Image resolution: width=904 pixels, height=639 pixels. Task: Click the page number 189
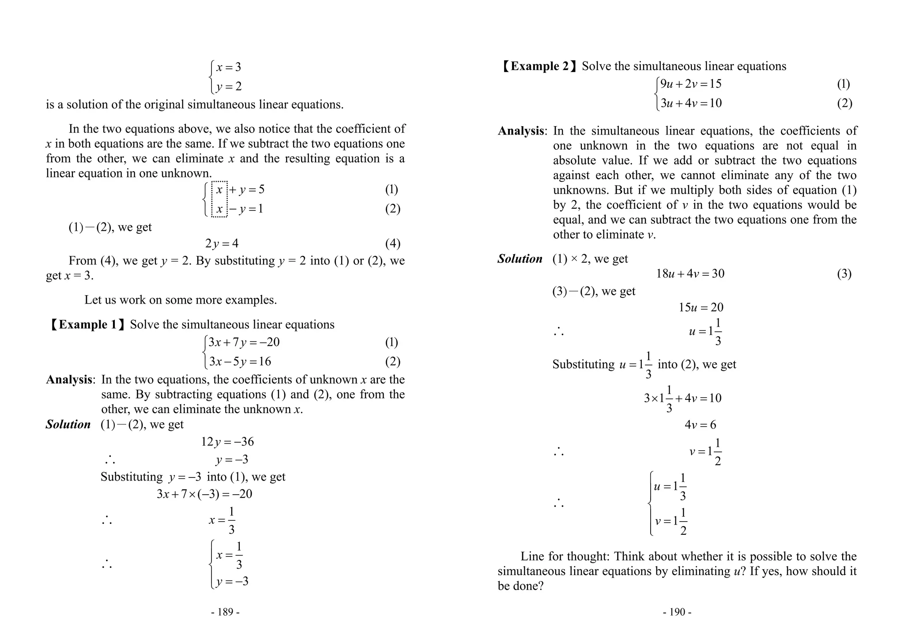click(x=225, y=612)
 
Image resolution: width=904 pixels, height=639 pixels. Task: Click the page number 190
click(x=677, y=612)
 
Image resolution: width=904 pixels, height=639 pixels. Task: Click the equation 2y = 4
click(x=222, y=244)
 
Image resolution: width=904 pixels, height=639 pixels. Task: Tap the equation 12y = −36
click(x=227, y=442)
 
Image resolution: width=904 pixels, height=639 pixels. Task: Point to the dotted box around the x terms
click(x=219, y=199)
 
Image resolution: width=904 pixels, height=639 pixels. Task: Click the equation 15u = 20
click(x=701, y=308)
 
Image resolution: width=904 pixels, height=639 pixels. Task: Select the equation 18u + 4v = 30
click(x=690, y=274)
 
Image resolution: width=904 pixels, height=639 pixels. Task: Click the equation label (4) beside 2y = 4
click(x=392, y=244)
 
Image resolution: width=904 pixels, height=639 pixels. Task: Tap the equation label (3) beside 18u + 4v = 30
click(x=844, y=274)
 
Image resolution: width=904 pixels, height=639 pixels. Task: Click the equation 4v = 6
click(x=700, y=425)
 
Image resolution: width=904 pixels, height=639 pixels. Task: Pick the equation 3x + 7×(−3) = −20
click(x=204, y=494)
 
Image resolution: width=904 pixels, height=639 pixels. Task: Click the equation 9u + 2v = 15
click(x=691, y=84)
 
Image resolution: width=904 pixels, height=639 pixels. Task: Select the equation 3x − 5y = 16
click(x=240, y=362)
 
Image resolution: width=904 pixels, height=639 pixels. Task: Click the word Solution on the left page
click(x=68, y=425)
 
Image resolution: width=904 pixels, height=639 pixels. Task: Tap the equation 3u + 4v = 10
click(x=691, y=103)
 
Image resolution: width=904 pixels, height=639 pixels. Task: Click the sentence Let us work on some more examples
click(x=181, y=300)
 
